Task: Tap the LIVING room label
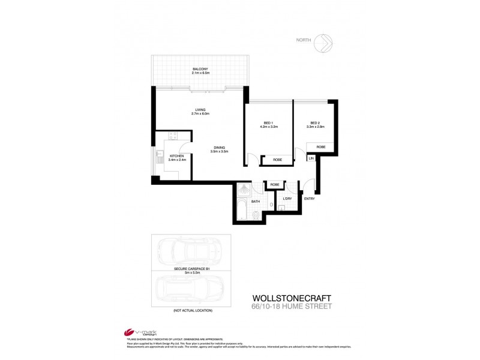pos(200,110)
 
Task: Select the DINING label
pos(217,148)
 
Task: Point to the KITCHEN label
pos(168,156)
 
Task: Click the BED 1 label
pos(267,123)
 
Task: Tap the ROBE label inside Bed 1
pos(277,160)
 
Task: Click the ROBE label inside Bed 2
pos(321,146)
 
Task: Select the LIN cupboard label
pos(311,158)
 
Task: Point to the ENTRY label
pos(310,199)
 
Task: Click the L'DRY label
pos(287,199)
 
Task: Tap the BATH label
pos(256,202)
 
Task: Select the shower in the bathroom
pos(244,190)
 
